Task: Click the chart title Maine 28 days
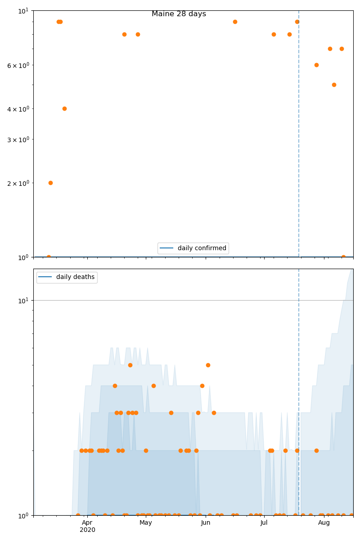coord(179,14)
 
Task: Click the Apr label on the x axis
coord(87,522)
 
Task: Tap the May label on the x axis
coord(145,522)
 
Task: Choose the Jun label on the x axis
coord(206,522)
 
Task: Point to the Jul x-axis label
coord(264,522)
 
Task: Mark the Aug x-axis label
coord(324,522)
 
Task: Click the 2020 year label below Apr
coord(87,530)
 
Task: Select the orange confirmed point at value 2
coord(50,183)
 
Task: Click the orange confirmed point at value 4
coord(64,108)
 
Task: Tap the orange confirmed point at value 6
coord(316,65)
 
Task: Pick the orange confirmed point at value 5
coord(334,85)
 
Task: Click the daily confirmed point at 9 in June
coord(235,22)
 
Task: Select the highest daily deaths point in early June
coord(208,365)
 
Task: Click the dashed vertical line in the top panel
coord(299,135)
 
